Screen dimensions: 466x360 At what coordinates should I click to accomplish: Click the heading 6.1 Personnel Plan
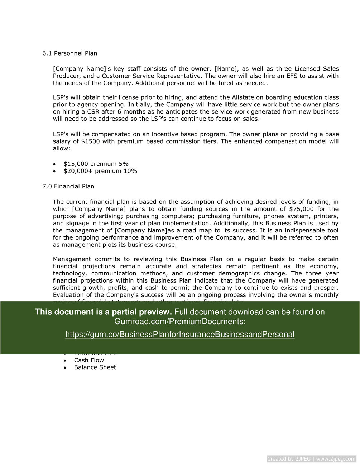[69, 53]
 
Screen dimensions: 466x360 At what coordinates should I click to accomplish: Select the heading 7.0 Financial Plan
[68, 186]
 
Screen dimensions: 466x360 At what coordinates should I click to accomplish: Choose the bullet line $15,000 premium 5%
[96, 164]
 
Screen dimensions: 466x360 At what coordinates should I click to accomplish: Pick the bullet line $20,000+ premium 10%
[100, 171]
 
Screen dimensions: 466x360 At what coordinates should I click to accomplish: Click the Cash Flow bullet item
[89, 360]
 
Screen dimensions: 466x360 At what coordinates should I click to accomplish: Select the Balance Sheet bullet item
[95, 367]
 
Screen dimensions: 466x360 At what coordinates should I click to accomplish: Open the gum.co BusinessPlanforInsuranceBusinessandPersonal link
[180, 335]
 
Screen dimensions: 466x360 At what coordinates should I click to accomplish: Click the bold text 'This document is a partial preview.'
[103, 312]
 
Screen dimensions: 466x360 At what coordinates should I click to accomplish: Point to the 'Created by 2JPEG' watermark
[311, 459]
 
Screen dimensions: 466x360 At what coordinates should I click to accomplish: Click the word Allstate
[244, 97]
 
